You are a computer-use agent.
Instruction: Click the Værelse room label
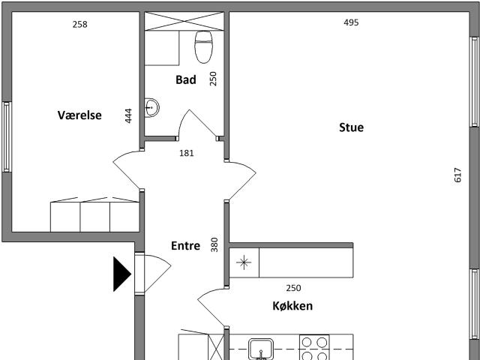(79, 115)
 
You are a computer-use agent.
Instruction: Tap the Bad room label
(186, 79)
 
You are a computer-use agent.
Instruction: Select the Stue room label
(352, 127)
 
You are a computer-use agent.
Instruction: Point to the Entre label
(185, 245)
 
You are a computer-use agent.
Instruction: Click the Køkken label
(292, 306)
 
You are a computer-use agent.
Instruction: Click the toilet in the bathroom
(203, 46)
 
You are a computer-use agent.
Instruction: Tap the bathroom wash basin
(151, 107)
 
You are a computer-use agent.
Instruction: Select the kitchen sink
(261, 349)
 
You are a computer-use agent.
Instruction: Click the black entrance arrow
(122, 274)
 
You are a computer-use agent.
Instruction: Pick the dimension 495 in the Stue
(351, 22)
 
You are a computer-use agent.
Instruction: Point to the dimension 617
(457, 175)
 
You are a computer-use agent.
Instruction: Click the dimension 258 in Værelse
(80, 24)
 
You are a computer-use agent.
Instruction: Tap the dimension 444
(128, 115)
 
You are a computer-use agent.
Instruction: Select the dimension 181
(187, 153)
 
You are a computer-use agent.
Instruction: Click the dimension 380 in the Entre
(214, 244)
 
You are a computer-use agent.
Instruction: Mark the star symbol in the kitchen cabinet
(244, 262)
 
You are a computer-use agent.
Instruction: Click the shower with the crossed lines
(184, 21)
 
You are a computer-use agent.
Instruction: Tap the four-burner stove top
(314, 347)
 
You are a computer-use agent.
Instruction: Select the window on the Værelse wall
(7, 136)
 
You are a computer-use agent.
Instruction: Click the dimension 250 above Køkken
(293, 288)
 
